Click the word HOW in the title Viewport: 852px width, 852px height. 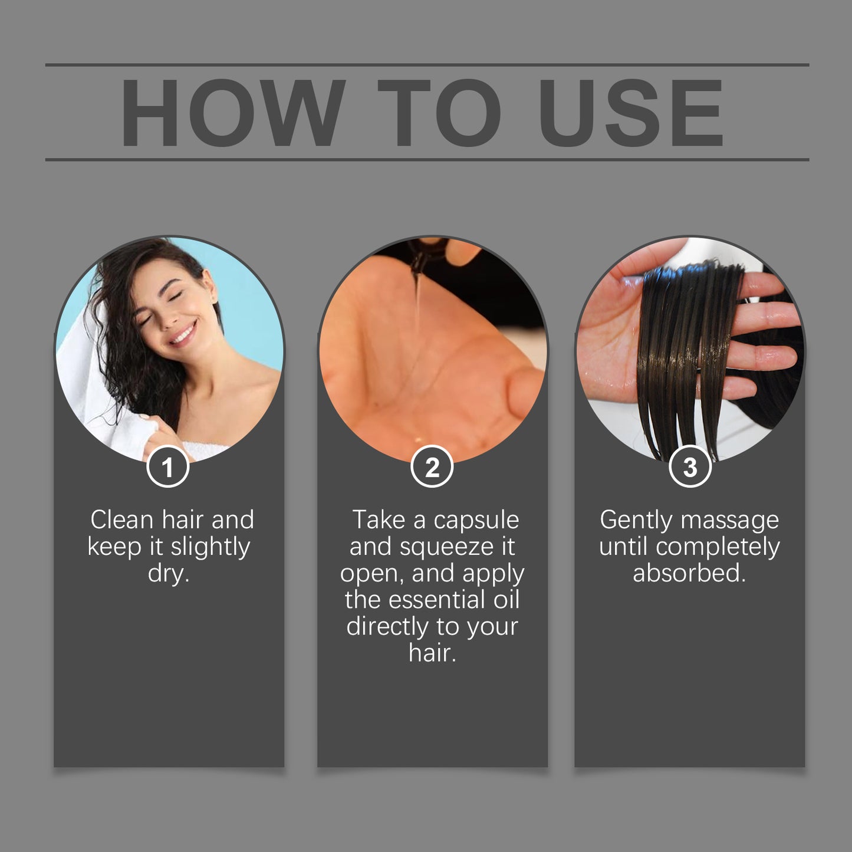[233, 113]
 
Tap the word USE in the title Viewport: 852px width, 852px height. [631, 113]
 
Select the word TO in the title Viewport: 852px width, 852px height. [440, 113]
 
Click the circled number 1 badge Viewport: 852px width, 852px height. [168, 468]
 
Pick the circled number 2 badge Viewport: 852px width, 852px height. [432, 468]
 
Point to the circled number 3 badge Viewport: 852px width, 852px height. [690, 468]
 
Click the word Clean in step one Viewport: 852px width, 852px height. [121, 520]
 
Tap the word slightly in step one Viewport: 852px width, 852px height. [210, 547]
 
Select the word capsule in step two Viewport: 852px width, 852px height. [476, 520]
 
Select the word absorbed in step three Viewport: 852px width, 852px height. [689, 573]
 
